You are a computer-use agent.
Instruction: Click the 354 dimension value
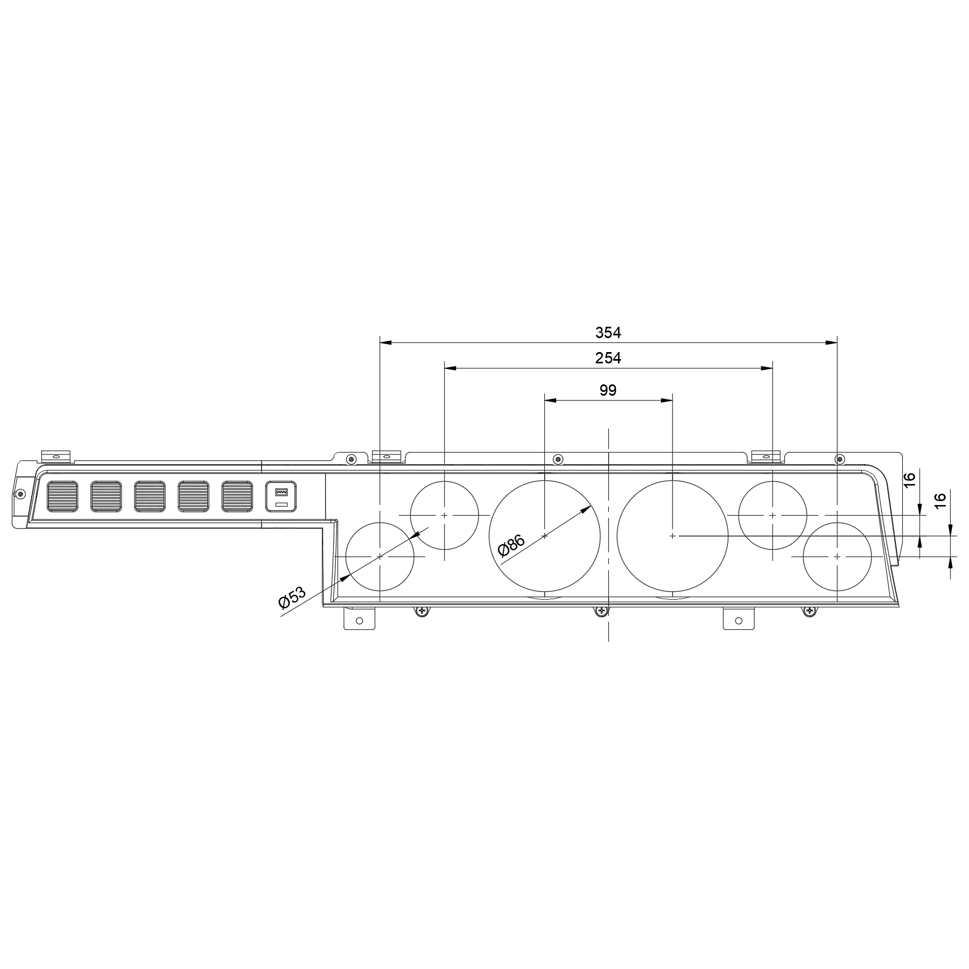608,333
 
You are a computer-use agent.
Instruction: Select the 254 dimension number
608,358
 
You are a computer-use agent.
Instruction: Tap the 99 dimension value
608,390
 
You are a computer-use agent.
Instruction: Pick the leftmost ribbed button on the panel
62,496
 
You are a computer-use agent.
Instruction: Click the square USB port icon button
281,496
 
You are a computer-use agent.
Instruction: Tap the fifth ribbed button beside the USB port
237,496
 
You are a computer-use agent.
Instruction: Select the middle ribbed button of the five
149,496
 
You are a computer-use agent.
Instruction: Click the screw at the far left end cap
20,494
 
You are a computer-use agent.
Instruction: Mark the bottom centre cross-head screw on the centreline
601,611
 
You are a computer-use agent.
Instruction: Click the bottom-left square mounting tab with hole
359,619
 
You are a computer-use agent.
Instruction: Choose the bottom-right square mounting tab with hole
738,619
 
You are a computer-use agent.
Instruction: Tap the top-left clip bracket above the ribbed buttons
56,456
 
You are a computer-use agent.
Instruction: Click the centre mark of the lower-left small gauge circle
380,556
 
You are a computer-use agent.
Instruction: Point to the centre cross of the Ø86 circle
545,536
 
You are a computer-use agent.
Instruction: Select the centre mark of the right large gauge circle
672,536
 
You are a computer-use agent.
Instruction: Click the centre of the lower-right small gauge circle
837,556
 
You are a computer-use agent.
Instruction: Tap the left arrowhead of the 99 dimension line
549,400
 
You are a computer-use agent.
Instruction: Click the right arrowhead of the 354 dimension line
832,342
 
